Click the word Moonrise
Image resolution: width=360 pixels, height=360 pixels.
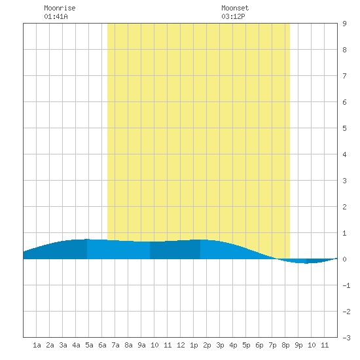click(60, 8)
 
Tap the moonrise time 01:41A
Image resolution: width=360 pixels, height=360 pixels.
click(56, 16)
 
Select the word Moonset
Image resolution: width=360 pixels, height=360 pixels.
click(235, 8)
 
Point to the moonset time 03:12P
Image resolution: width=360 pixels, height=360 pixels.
click(233, 16)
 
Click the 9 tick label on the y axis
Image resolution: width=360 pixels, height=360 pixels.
click(344, 24)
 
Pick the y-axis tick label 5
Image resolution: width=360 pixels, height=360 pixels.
click(344, 128)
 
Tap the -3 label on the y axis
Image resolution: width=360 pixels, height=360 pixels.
click(346, 338)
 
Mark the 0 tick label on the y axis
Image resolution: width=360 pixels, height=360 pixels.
click(344, 259)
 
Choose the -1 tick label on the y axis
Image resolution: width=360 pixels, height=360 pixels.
click(346, 285)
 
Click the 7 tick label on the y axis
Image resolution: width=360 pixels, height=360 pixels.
click(344, 76)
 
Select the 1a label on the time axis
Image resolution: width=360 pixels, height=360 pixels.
click(37, 345)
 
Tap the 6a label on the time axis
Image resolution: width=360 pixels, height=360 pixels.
click(102, 345)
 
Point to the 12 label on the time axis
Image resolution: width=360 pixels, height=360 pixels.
click(181, 345)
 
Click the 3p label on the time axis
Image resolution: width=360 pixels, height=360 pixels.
click(220, 345)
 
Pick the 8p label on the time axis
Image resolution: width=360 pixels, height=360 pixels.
click(285, 345)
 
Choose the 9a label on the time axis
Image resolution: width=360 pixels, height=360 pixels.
click(141, 345)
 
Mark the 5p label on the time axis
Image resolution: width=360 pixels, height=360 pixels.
click(246, 345)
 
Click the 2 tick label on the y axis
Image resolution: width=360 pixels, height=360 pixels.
click(344, 207)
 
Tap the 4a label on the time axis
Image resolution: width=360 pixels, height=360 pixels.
click(76, 345)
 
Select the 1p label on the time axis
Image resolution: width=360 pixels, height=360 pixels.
click(194, 345)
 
